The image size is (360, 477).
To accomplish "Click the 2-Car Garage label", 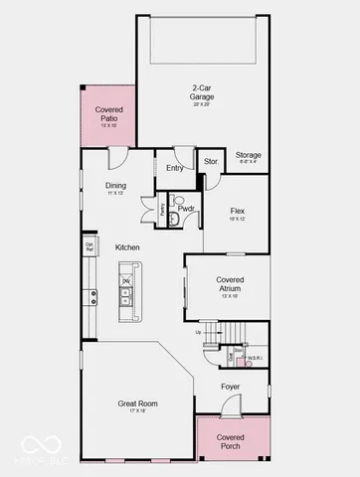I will (x=202, y=93).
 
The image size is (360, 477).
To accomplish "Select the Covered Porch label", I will (x=231, y=441).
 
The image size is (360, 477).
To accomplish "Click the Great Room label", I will (x=137, y=403).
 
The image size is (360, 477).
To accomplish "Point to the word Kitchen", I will (x=126, y=247).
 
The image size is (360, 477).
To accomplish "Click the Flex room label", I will (x=237, y=212).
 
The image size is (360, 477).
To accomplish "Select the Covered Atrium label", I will (x=230, y=284).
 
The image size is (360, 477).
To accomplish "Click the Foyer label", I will (x=231, y=387).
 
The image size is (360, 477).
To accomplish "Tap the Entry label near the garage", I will (x=175, y=168).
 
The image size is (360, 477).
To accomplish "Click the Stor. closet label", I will (x=211, y=161).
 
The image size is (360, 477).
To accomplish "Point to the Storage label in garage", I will (x=249, y=156).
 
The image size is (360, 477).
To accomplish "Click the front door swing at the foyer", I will (x=230, y=405).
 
